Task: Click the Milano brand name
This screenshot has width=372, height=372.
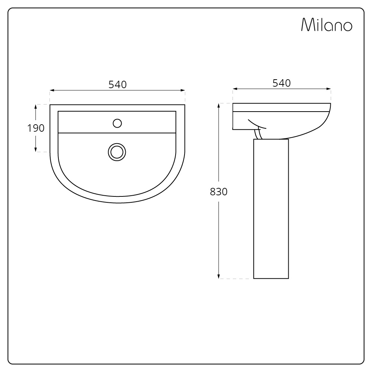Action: point(327,25)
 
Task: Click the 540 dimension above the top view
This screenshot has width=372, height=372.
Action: point(118,85)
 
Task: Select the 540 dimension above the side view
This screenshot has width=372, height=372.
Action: point(282,83)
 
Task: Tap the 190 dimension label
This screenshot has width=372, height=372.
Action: point(36,128)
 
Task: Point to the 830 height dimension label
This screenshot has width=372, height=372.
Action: point(219,192)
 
